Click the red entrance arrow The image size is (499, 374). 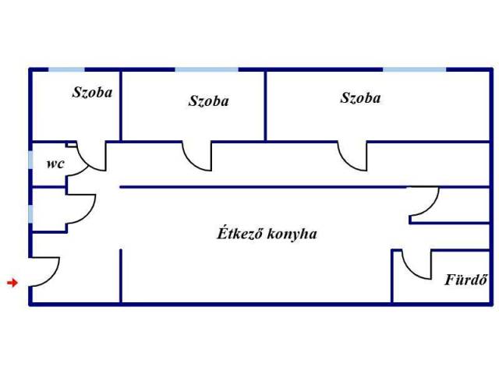12,282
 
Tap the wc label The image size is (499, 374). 55,164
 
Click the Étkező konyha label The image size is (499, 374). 266,233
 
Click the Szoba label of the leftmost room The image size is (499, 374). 92,92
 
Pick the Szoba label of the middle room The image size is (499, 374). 208,101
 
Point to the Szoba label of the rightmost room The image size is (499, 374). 360,98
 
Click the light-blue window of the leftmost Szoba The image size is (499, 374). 67,69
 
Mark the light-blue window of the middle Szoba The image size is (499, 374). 206,69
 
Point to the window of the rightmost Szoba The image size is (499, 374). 414,69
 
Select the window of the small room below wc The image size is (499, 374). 30,212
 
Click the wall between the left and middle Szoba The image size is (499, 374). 121,105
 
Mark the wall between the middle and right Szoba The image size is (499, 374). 266,105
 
